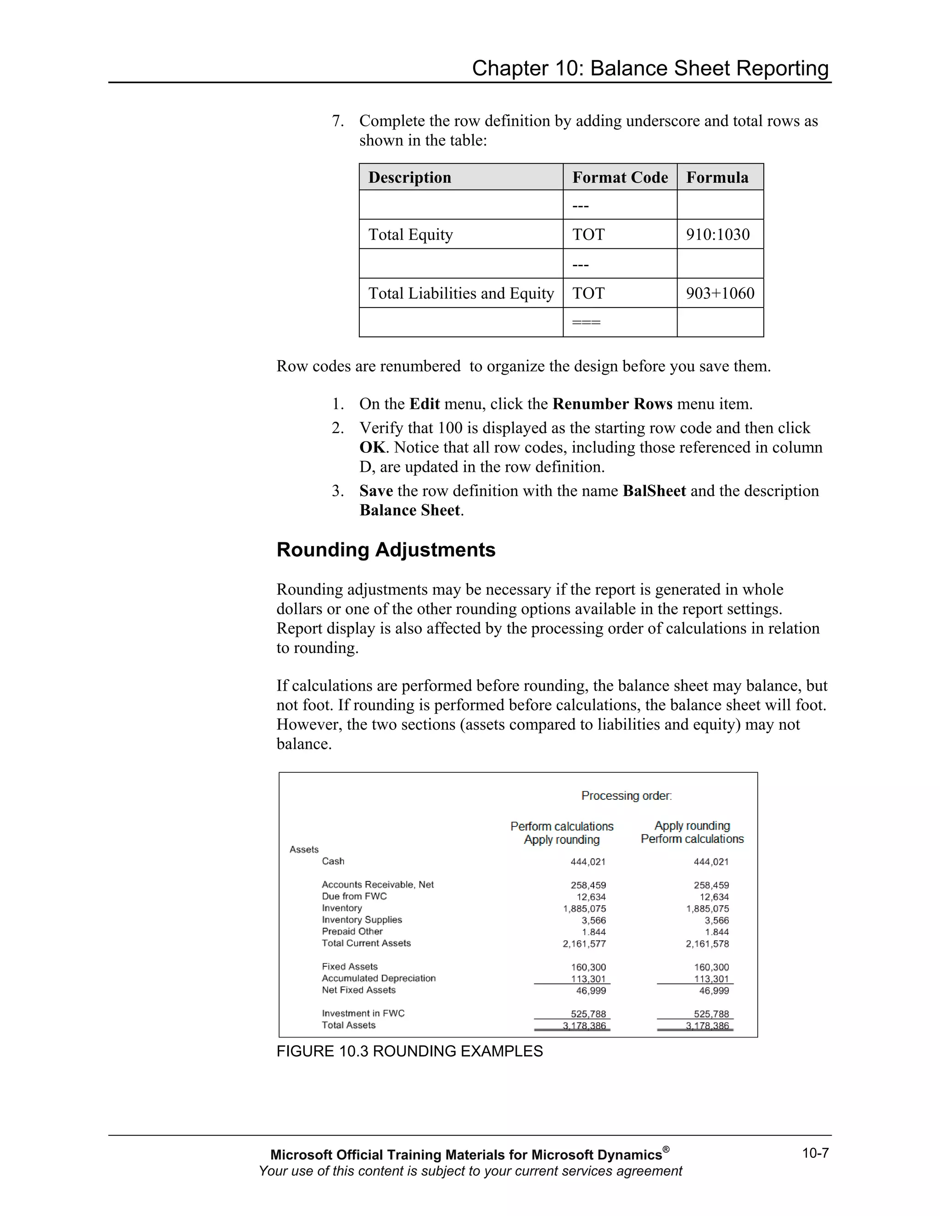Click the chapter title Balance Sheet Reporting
pos(650,68)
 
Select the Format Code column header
pos(619,178)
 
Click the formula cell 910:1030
pos(717,234)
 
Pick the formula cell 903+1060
pos(720,293)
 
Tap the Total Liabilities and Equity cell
pos(460,293)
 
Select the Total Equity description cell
pos(410,234)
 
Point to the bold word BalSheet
pos(654,491)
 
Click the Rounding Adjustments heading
pos(386,550)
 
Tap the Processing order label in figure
pos(626,796)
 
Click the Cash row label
pos(333,861)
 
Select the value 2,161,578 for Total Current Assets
pos(707,944)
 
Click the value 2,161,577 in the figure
pos(584,944)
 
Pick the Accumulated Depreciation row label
pos(379,978)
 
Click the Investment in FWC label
pos(363,1013)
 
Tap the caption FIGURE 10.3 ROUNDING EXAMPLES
pos(409,1051)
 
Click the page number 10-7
pos(815,1153)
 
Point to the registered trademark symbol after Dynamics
pos(666,1149)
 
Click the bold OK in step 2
pos(372,448)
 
